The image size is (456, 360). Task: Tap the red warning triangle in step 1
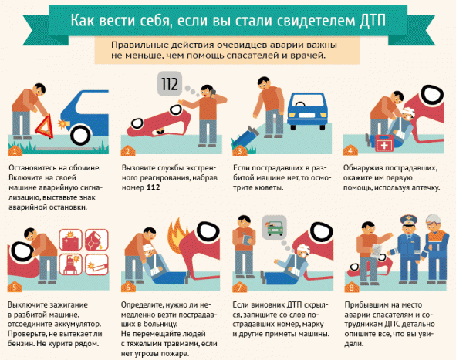pyautogui.click(x=45, y=126)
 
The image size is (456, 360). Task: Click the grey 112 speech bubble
pyautogui.click(x=170, y=84)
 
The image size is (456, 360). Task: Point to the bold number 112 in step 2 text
pyautogui.click(x=153, y=187)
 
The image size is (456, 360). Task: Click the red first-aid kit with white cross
pyautogui.click(x=384, y=143)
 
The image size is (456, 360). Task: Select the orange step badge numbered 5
pyautogui.click(x=14, y=287)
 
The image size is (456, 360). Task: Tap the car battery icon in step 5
pyautogui.click(x=70, y=240)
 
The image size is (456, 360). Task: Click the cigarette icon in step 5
pyautogui.click(x=97, y=264)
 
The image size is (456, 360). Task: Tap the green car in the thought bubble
pyautogui.click(x=275, y=227)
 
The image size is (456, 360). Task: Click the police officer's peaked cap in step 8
pyautogui.click(x=409, y=219)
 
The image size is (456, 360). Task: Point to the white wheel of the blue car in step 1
pyautogui.click(x=80, y=135)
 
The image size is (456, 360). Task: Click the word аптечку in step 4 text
pyautogui.click(x=425, y=187)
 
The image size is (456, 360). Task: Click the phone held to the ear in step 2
pyautogui.click(x=213, y=93)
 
